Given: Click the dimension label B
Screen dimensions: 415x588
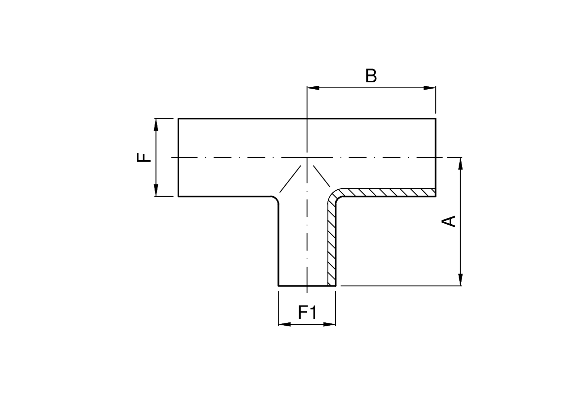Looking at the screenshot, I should click(x=371, y=76).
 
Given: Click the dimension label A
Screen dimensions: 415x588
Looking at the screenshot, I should click(x=448, y=221).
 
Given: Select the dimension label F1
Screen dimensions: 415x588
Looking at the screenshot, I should click(x=307, y=312).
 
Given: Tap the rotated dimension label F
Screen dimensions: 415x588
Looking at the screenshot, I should click(x=143, y=158).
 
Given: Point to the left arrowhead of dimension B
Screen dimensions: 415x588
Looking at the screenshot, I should click(x=313, y=88).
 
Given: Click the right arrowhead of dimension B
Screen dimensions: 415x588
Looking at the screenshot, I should click(x=431, y=88).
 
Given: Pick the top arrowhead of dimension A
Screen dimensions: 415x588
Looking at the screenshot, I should click(x=460, y=163).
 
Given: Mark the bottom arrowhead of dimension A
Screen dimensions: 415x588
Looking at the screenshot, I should click(x=460, y=280).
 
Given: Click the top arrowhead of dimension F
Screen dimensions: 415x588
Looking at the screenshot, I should click(x=156, y=124).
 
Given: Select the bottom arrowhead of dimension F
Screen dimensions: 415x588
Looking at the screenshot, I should click(x=156, y=190).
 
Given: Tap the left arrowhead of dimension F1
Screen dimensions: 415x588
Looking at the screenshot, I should click(x=284, y=324).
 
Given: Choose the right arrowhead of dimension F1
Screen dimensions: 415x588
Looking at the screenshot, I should click(x=330, y=324).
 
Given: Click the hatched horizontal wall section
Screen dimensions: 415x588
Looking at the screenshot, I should click(x=390, y=192).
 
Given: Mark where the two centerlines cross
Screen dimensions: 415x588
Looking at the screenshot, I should click(x=307, y=158).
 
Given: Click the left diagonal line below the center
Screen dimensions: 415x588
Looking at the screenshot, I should click(x=290, y=179).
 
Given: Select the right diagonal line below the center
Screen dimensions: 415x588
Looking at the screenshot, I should click(x=320, y=176).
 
